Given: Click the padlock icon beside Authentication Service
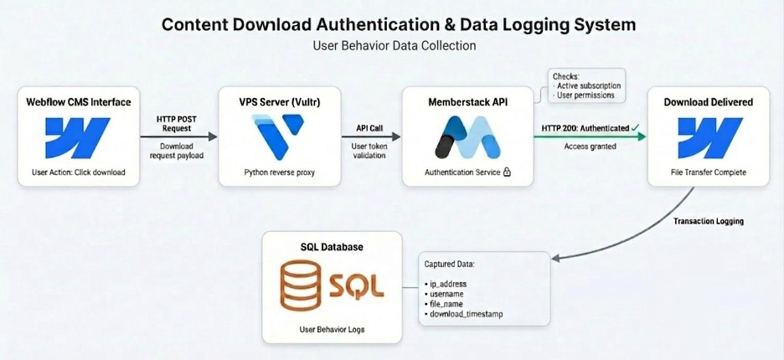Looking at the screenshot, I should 508,172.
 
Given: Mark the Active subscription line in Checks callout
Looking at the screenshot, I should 585,85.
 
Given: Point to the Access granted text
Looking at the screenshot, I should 591,146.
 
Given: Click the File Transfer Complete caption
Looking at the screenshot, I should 708,172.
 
